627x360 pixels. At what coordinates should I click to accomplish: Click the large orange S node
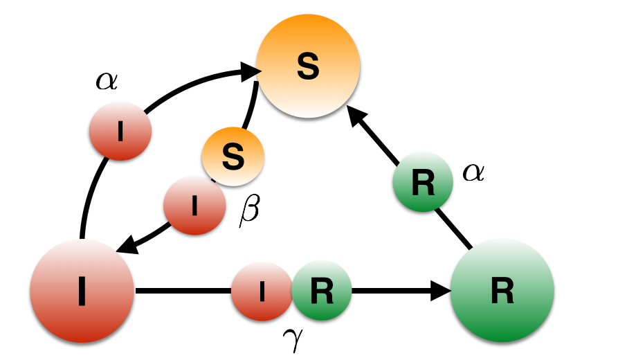pyautogui.click(x=308, y=66)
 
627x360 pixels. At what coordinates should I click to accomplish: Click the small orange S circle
pyautogui.click(x=233, y=157)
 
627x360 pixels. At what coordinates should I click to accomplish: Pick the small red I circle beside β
pyautogui.click(x=194, y=206)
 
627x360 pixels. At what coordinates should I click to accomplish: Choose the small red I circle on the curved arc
pyautogui.click(x=120, y=131)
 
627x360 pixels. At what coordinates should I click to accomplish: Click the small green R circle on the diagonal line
pyautogui.click(x=423, y=182)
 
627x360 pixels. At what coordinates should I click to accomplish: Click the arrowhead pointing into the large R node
pyautogui.click(x=441, y=291)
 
